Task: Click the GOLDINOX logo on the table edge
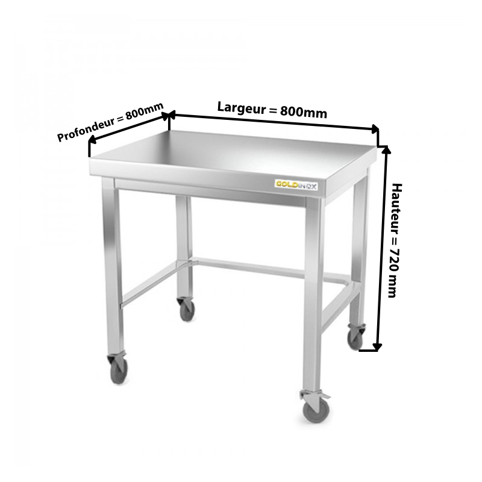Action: click(x=296, y=185)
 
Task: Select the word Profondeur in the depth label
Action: click(x=86, y=130)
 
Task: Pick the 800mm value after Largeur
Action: click(x=304, y=113)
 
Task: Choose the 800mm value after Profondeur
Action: click(x=144, y=111)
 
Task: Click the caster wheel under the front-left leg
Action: click(x=119, y=371)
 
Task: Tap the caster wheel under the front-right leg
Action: click(x=316, y=412)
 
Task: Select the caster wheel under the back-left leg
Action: click(x=187, y=310)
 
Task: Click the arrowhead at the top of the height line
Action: click(x=386, y=149)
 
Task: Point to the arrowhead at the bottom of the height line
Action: click(x=377, y=347)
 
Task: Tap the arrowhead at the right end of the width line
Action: click(x=375, y=129)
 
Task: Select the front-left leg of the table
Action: click(x=113, y=265)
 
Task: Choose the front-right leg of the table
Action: click(x=313, y=293)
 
